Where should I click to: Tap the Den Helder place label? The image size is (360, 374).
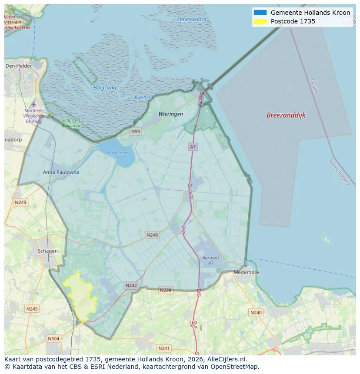tap(19, 66)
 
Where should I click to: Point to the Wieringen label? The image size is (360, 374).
tap(170, 114)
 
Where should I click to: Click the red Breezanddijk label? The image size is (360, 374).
tap(286, 116)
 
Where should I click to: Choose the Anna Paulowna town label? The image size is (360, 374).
tap(61, 172)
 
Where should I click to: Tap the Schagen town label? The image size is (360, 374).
tap(47, 251)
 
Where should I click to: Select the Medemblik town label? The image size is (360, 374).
tap(247, 272)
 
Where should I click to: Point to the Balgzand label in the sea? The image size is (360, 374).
tap(105, 88)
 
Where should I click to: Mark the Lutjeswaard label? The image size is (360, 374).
tap(192, 20)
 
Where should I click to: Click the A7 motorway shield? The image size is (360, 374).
tap(193, 147)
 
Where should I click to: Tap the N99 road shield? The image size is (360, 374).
tap(136, 131)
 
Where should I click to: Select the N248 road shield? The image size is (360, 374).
tap(152, 235)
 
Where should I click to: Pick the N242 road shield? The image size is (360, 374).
tap(131, 285)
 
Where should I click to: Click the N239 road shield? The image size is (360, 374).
tap(165, 290)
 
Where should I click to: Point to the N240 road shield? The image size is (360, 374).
tap(256, 312)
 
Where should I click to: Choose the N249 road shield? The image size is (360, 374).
tap(20, 202)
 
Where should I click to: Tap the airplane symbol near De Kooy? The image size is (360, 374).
tap(34, 104)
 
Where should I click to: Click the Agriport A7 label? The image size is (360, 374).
tap(210, 260)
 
